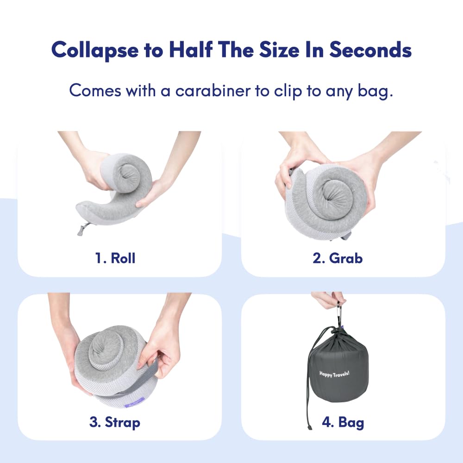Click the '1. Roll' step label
pos(115,258)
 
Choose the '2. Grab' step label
pos(338,258)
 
